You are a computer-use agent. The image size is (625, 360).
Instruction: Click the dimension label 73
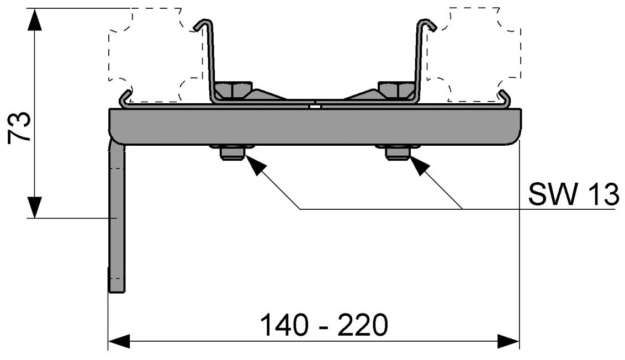(x=20, y=128)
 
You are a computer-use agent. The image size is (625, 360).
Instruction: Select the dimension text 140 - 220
(x=324, y=325)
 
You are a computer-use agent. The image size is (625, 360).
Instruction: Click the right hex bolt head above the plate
(x=396, y=89)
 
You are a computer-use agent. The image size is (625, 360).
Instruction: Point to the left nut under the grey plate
(x=232, y=152)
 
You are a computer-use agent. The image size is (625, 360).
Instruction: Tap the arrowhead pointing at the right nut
(x=419, y=165)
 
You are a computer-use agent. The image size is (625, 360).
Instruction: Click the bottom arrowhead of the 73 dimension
(x=34, y=207)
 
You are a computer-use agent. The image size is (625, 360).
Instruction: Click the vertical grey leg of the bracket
(x=117, y=221)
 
